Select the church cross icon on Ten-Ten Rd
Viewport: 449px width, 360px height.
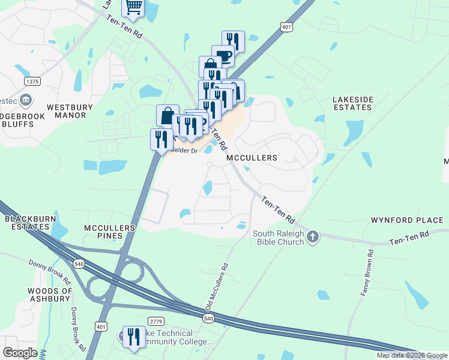312,238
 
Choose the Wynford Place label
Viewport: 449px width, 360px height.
403,219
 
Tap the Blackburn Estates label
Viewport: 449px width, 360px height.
26,223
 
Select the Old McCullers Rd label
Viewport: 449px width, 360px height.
217,287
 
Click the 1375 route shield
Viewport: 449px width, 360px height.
32,81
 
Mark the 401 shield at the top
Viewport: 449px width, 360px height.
286,26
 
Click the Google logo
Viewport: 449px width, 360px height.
19,353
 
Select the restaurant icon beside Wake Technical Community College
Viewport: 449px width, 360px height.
133,336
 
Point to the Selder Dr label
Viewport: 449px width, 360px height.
184,151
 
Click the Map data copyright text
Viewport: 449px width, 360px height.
412,355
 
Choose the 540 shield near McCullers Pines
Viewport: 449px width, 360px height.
79,263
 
